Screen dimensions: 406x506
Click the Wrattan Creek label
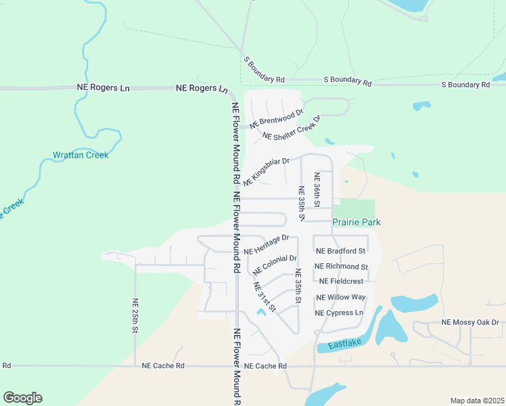tap(80, 155)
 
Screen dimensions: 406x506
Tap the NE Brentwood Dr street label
tap(276, 119)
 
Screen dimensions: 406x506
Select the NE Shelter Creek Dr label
tap(290, 127)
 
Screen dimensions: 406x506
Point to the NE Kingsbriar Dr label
tap(267, 172)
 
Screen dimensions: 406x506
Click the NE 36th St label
tap(316, 189)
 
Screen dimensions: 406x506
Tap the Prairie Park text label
tap(356, 222)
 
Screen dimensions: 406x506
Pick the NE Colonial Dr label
tap(275, 264)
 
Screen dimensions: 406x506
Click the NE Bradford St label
tap(340, 251)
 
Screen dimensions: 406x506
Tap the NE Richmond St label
tap(341, 267)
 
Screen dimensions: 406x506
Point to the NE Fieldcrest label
tap(341, 281)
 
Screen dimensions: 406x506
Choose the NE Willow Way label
tap(341, 297)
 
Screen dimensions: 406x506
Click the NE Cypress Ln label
tap(339, 313)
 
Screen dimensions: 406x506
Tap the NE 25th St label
tap(135, 316)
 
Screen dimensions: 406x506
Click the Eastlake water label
tap(345, 344)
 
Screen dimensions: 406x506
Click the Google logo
tap(22, 398)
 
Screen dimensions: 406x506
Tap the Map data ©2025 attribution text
tap(476, 400)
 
